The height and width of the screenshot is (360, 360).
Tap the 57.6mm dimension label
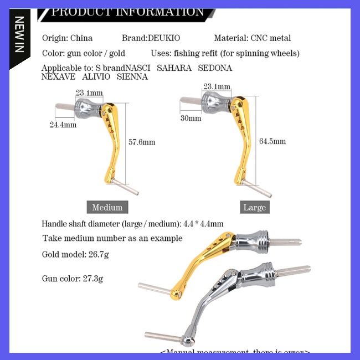[x=142, y=142]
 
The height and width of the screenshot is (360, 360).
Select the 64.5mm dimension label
[x=272, y=141]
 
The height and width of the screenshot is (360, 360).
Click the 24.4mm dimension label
[x=63, y=125]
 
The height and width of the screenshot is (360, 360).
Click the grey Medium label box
[x=107, y=207]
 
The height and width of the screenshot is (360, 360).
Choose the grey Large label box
[x=255, y=208]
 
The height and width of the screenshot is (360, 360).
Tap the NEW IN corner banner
[x=19, y=34]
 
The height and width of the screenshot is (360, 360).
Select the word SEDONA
[x=214, y=68]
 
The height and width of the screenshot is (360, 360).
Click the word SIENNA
[x=132, y=77]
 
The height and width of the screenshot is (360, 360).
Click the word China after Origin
[x=81, y=38]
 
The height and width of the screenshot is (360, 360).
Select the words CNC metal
[x=271, y=38]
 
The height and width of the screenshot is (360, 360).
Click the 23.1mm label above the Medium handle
[x=89, y=92]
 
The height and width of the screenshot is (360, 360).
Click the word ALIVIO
[x=96, y=77]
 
